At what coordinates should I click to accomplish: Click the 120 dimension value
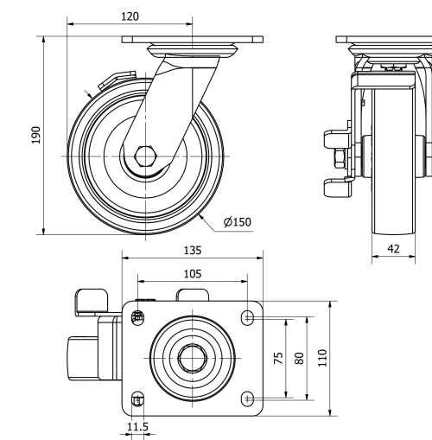click(130, 16)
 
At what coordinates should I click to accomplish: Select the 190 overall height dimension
click(36, 136)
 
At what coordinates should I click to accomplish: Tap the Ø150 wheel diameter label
click(237, 222)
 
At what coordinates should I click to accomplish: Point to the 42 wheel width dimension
click(393, 248)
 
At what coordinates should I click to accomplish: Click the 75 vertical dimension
click(278, 358)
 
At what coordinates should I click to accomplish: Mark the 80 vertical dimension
click(299, 358)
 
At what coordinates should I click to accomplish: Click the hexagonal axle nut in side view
click(121, 158)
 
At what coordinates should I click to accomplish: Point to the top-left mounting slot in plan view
click(136, 317)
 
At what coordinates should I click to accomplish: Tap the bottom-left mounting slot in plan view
click(136, 399)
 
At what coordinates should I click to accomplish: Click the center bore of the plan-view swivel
click(192, 357)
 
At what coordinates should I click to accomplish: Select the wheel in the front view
click(393, 156)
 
